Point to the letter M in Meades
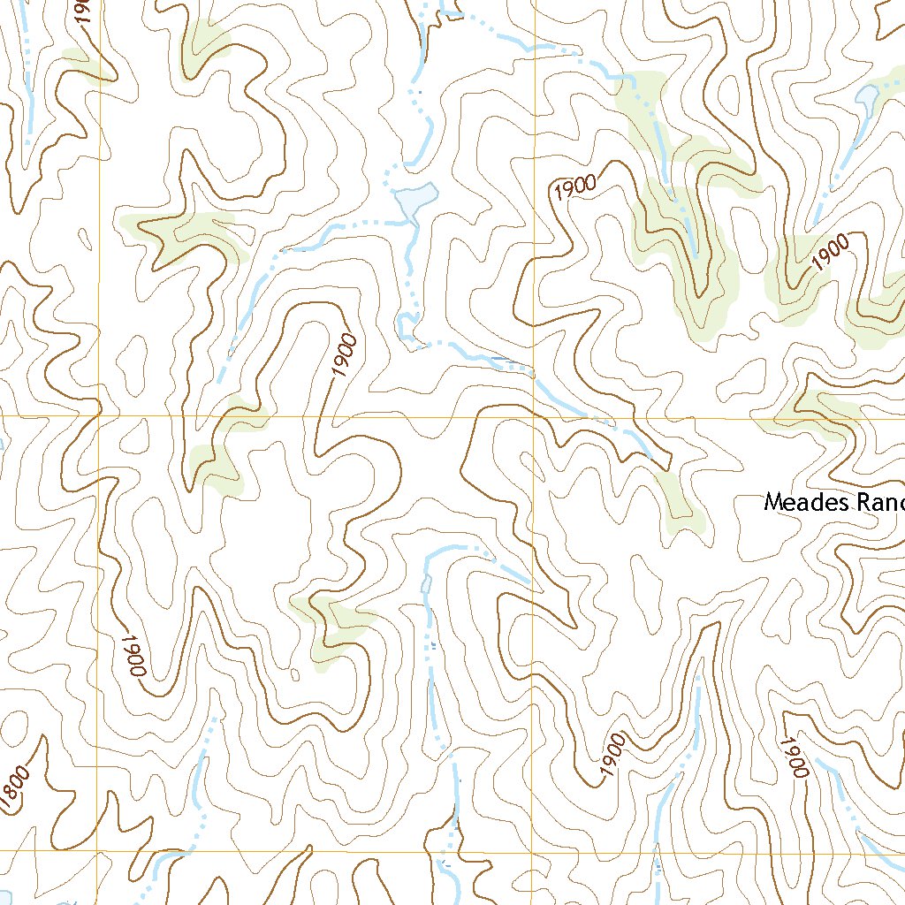773,503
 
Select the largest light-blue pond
415,200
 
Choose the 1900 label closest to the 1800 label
133,655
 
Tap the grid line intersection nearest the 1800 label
98,853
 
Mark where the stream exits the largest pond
412,221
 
